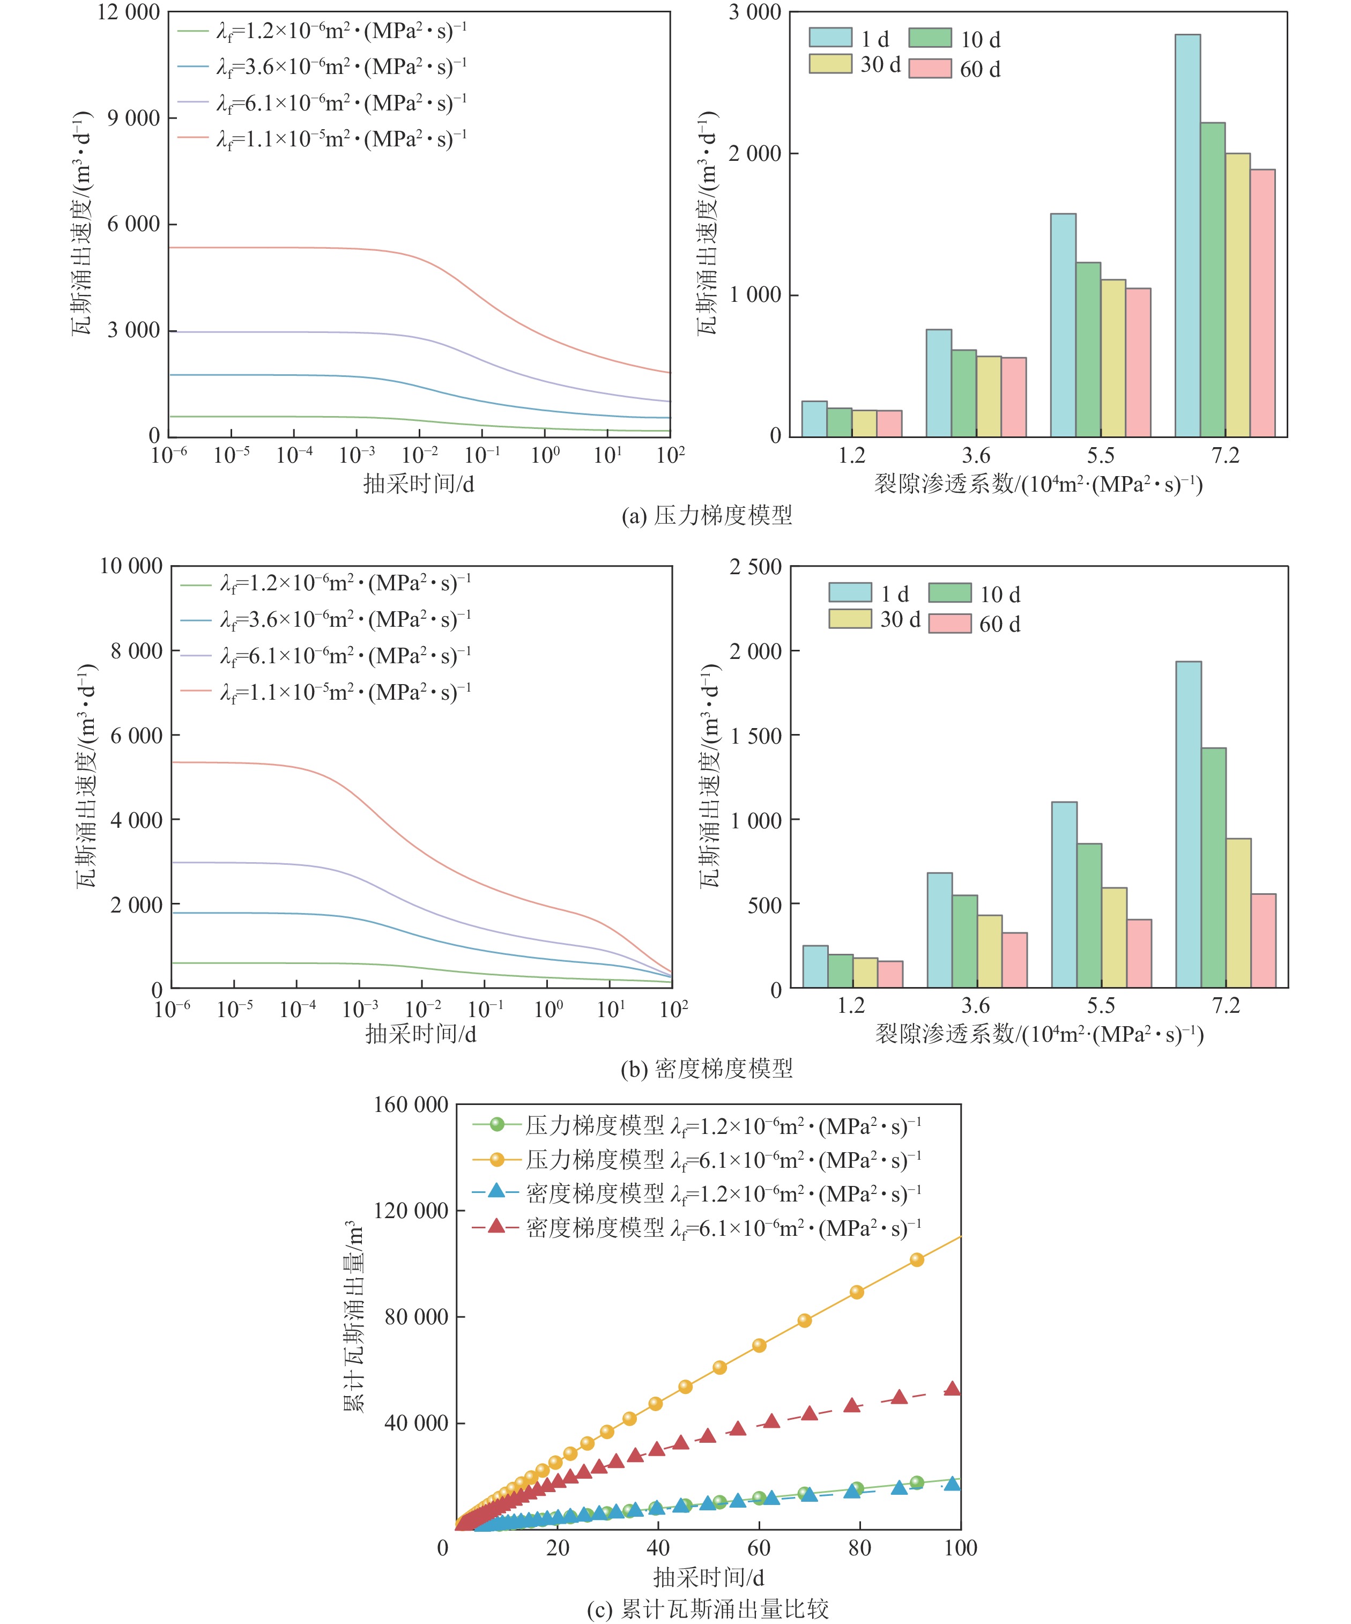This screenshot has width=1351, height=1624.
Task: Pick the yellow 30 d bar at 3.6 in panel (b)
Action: pos(990,951)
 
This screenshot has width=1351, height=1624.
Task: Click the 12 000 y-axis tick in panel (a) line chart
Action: pos(128,12)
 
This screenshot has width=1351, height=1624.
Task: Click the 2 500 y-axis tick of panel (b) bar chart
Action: pos(755,567)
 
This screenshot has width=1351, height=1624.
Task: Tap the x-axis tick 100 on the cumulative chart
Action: pos(961,1547)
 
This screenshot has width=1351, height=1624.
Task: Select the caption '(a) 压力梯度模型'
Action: pos(707,515)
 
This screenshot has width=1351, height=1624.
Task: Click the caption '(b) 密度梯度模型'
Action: pos(707,1069)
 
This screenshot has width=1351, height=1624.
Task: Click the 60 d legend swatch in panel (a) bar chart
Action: pos(930,69)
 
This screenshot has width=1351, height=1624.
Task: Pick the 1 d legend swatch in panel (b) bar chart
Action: pos(850,593)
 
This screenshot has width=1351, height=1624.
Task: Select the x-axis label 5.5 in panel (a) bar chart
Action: pos(1101,456)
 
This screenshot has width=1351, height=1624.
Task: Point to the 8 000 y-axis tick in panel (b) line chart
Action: pos(136,651)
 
